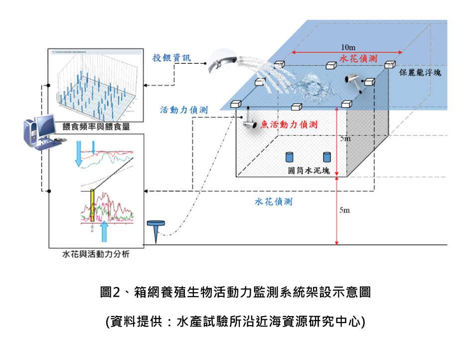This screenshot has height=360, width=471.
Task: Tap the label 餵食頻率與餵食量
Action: coord(96,127)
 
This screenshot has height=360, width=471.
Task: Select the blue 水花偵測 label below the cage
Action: coord(274,202)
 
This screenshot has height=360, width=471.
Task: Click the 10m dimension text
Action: coord(347,47)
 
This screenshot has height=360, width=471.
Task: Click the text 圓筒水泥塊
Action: coord(309,170)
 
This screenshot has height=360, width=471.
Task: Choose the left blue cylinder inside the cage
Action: coord(289,157)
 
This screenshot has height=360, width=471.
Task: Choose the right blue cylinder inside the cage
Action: coord(327,157)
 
